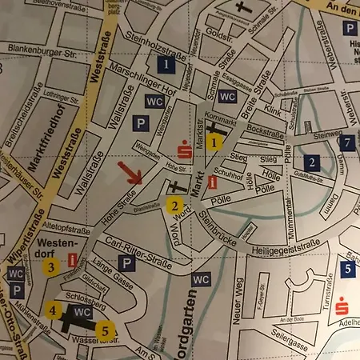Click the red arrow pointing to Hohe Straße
click(130, 173)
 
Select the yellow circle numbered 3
click(50, 267)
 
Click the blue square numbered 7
click(346, 142)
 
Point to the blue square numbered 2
click(312, 162)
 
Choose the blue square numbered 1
click(166, 63)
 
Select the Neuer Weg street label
click(239, 306)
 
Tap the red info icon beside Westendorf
click(74, 260)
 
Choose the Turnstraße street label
click(326, 299)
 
